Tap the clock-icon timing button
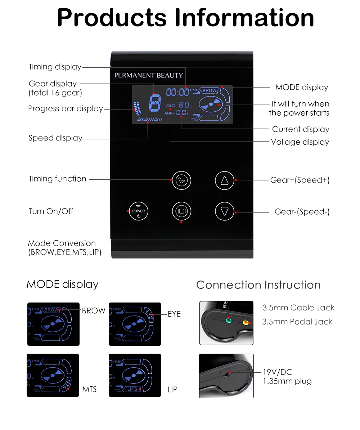(x=181, y=180)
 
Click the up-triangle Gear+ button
(x=225, y=180)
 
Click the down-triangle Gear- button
(x=225, y=211)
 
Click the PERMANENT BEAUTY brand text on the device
(x=149, y=75)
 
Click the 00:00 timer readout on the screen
(x=177, y=92)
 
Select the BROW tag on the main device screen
(x=210, y=91)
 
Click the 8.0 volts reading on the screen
(x=184, y=105)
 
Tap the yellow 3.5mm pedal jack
(x=246, y=322)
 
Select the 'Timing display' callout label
(x=55, y=67)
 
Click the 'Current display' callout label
(x=301, y=129)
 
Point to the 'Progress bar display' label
(x=66, y=108)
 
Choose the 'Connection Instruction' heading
(x=258, y=285)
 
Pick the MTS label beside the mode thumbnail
(x=89, y=389)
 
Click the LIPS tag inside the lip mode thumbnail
(x=132, y=389)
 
